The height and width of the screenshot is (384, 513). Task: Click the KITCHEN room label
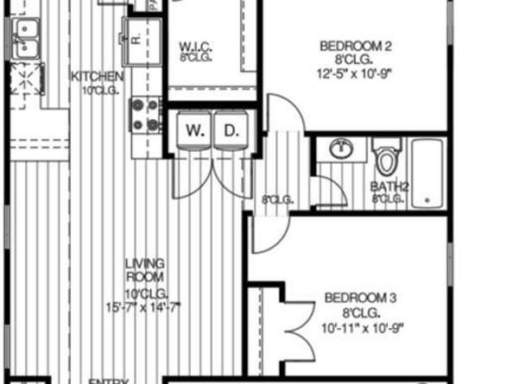(x=97, y=76)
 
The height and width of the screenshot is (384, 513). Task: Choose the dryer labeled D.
(x=231, y=132)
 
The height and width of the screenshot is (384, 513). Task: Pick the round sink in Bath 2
(x=342, y=148)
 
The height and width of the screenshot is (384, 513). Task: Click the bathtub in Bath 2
(x=427, y=173)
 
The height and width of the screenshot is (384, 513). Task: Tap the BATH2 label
(x=386, y=186)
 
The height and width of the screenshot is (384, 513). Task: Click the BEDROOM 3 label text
(x=360, y=299)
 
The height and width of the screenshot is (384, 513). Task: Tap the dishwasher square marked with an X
(x=26, y=79)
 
